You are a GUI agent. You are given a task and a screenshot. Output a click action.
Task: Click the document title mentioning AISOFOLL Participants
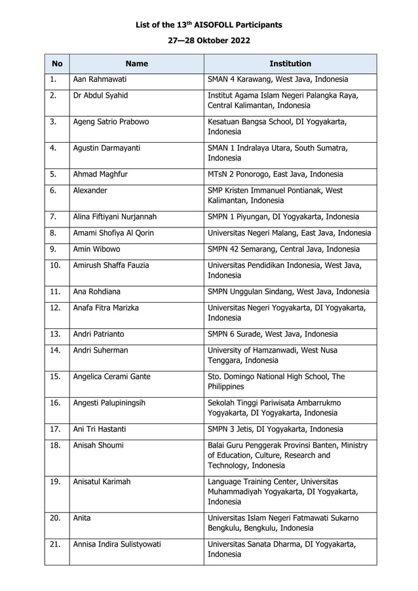point(208,25)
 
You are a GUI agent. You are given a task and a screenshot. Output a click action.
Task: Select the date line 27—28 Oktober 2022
point(208,41)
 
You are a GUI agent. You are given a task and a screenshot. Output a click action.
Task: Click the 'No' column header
point(57,64)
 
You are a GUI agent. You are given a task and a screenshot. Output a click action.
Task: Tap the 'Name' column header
point(136,64)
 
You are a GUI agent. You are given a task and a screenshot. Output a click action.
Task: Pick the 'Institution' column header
point(290,64)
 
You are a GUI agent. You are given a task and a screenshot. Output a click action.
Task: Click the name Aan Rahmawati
point(100,79)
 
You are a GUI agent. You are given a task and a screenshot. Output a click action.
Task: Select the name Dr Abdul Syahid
point(101,96)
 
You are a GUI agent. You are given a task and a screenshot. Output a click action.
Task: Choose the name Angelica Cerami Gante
point(112,377)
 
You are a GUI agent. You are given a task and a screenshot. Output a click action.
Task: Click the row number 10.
point(55,265)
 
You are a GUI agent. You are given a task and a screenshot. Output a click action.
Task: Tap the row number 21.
point(55,543)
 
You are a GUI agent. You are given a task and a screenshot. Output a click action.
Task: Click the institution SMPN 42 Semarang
point(283,249)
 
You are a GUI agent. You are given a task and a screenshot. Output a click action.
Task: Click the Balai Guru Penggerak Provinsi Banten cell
point(288,455)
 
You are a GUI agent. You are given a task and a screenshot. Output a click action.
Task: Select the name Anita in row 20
point(82,518)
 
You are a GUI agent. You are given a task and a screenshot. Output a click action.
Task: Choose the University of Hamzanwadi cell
point(273,355)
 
